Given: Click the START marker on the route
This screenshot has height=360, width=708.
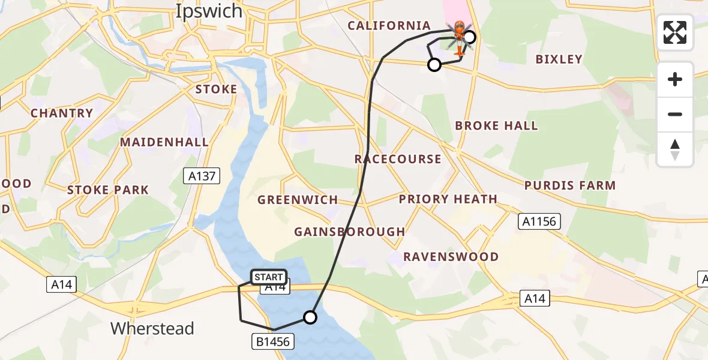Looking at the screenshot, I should coord(268,277).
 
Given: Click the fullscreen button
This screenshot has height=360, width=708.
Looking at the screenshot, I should coord(675,32).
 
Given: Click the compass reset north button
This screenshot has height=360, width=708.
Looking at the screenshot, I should coord(675,149).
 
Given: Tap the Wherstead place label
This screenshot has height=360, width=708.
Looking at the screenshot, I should coord(152,329).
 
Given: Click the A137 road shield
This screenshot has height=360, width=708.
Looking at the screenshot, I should coord(202,176).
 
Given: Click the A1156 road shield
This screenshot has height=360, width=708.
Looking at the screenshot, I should coord(539,221).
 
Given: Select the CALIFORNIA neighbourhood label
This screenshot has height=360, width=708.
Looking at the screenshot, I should coord(389,26).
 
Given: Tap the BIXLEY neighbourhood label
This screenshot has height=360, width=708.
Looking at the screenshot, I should coord(559,59).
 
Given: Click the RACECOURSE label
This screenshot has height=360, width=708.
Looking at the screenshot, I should coord(398,159).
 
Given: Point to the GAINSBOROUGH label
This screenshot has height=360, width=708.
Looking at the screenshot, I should coord(350,232).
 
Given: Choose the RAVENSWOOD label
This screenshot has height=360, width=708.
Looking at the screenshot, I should coord(451,257).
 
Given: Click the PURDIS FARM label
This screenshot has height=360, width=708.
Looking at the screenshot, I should coord(570,185).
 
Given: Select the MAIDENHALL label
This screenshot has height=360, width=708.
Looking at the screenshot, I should coord(164,142).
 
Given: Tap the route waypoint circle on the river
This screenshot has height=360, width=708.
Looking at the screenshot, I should coord(310,317).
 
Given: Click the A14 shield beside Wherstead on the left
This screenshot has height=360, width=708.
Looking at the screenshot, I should coord(62,284).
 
